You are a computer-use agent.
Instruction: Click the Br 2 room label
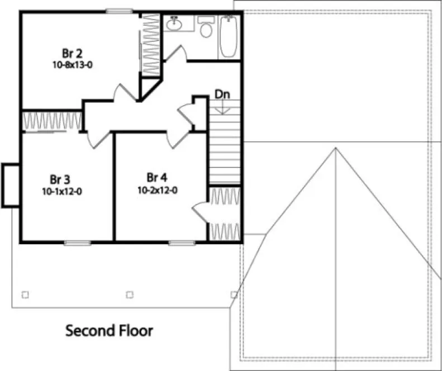pos(73,54)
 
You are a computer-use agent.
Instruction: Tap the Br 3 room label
pos(60,179)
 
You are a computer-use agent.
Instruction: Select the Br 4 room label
pos(157,178)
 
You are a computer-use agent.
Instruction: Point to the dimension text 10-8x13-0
pos(73,65)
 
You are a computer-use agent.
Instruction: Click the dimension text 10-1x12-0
pos(60,191)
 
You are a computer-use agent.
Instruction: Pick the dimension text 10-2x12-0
pos(157,189)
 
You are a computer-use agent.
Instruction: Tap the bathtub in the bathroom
pos(228,36)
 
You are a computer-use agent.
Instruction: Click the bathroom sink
pos(174,23)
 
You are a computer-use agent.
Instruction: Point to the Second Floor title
pos(109,330)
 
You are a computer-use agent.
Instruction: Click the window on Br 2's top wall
pos(118,11)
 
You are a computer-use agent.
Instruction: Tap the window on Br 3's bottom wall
pos(77,242)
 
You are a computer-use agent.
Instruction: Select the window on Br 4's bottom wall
pos(178,242)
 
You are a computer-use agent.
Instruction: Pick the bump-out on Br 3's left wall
pos(11,185)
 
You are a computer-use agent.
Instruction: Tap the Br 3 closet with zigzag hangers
pos(51,121)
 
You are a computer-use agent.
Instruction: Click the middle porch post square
pos(130,294)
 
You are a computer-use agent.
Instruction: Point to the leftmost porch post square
pos(25,294)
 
